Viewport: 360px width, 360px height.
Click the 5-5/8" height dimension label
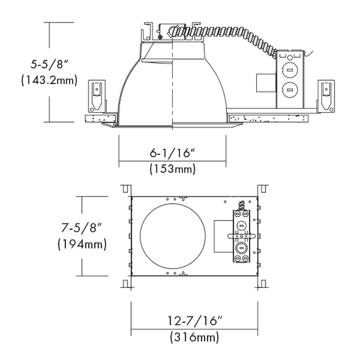[x=49, y=64]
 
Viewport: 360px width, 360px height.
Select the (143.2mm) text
[x=49, y=81]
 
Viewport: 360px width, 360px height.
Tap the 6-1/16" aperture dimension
[x=173, y=153]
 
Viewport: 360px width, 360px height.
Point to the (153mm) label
[x=173, y=169]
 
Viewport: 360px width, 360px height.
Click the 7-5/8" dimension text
[x=81, y=228]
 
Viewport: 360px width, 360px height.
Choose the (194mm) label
[x=82, y=244]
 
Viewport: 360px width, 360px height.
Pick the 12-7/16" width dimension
[x=195, y=320]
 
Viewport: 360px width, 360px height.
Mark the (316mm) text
[x=195, y=337]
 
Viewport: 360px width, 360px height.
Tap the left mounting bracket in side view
[x=97, y=96]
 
